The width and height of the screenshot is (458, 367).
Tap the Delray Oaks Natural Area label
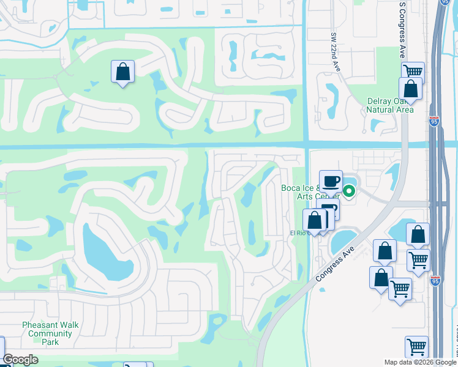click(389, 105)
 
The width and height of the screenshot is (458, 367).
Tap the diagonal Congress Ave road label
click(334, 261)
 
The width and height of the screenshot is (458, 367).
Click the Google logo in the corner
click(21, 360)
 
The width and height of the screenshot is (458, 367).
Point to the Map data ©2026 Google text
click(420, 362)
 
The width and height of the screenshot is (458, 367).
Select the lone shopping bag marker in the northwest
click(123, 72)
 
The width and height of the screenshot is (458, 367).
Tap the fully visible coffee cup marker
click(331, 181)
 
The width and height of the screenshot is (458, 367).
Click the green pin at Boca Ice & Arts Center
click(349, 191)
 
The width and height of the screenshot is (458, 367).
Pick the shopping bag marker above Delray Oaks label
click(410, 89)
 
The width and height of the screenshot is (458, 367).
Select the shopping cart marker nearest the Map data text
click(417, 346)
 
